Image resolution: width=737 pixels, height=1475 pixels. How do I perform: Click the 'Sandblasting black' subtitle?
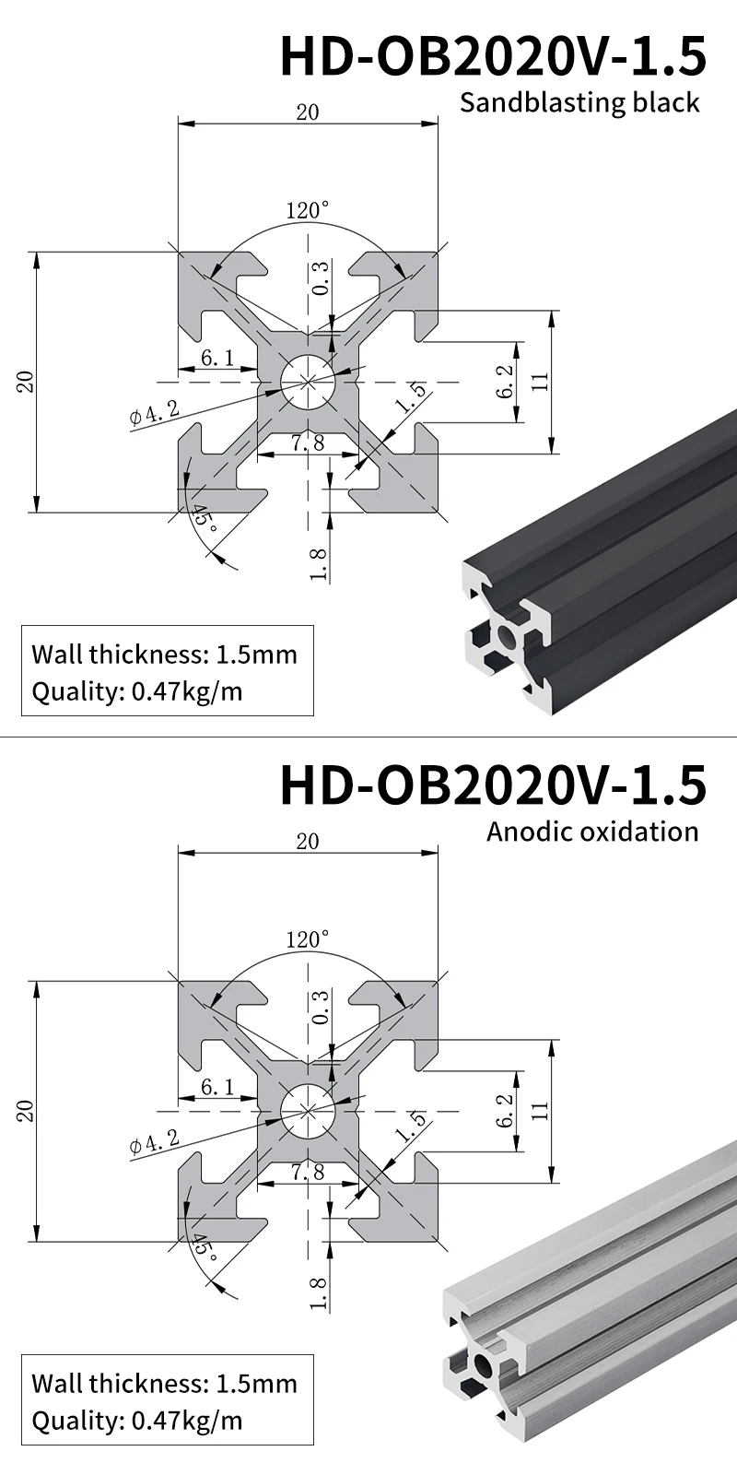579,102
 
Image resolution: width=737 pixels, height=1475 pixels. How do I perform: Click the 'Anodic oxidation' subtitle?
592,832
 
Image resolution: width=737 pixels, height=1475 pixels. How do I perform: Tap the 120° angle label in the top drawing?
307,211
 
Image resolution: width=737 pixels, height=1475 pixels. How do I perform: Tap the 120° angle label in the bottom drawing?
307,940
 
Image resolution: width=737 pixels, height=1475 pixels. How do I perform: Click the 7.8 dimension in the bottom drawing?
307,1172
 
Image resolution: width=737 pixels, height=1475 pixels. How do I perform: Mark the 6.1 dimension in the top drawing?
216,358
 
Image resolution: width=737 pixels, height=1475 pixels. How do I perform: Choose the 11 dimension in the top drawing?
541,381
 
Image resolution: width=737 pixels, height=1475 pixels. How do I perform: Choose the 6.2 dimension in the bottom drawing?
504,1111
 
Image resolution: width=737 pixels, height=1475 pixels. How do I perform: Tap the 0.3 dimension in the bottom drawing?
320,1008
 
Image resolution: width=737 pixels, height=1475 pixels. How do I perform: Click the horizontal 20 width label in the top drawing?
307,112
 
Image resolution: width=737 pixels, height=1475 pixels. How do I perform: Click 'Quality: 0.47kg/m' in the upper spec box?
137,691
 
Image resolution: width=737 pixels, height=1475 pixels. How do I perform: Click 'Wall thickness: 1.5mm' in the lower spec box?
164,1383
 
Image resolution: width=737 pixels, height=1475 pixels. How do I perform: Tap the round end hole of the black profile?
506,636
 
